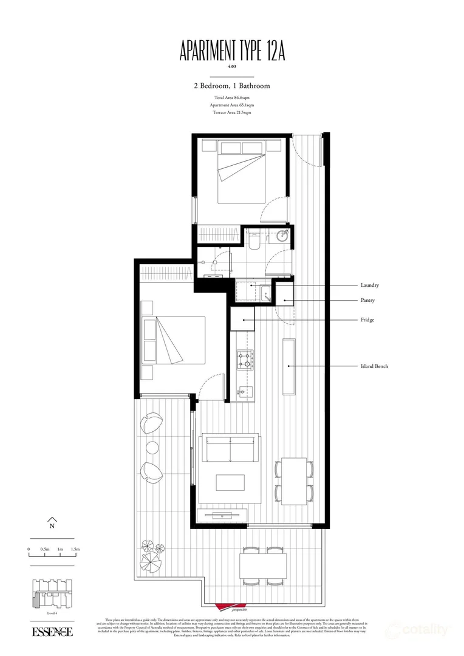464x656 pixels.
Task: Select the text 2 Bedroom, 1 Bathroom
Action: pyautogui.click(x=232, y=86)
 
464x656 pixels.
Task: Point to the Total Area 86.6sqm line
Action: pyautogui.click(x=232, y=98)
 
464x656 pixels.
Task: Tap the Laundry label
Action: pyautogui.click(x=370, y=285)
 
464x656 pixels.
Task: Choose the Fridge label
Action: pyautogui.click(x=367, y=320)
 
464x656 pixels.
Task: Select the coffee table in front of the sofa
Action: pyautogui.click(x=230, y=482)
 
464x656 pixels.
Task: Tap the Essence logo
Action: pyautogui.click(x=53, y=632)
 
